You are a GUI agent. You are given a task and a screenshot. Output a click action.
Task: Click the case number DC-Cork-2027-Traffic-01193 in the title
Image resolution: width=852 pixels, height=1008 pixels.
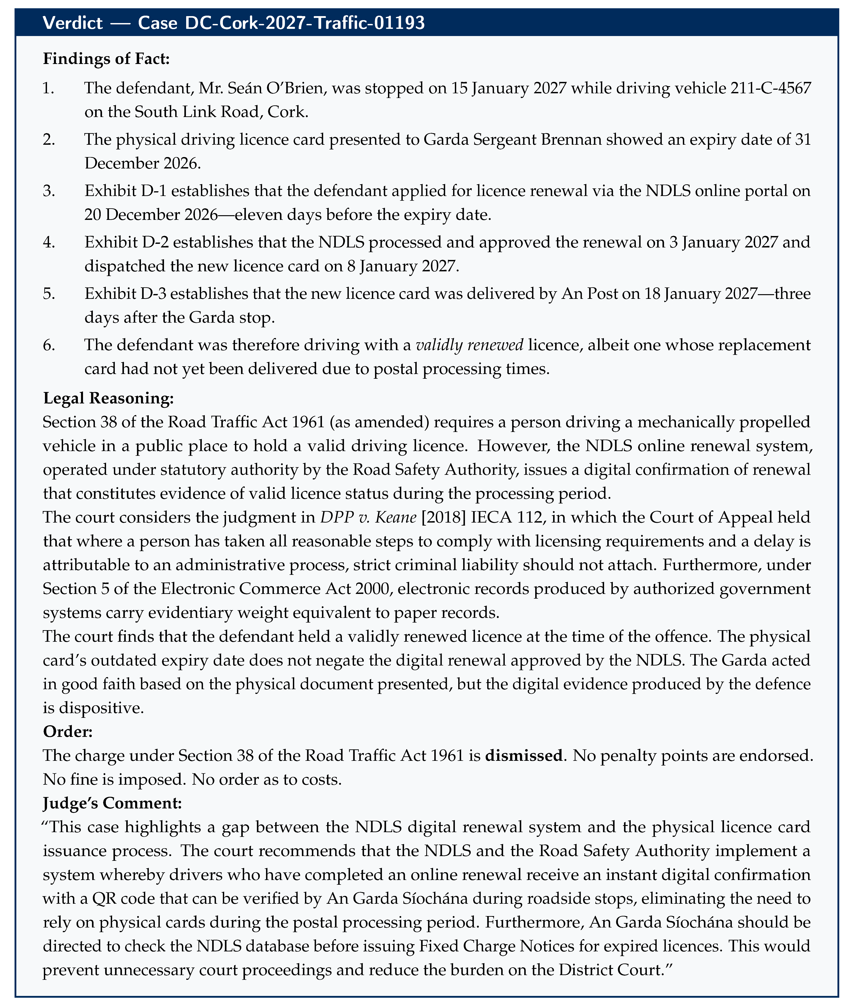click(281, 23)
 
